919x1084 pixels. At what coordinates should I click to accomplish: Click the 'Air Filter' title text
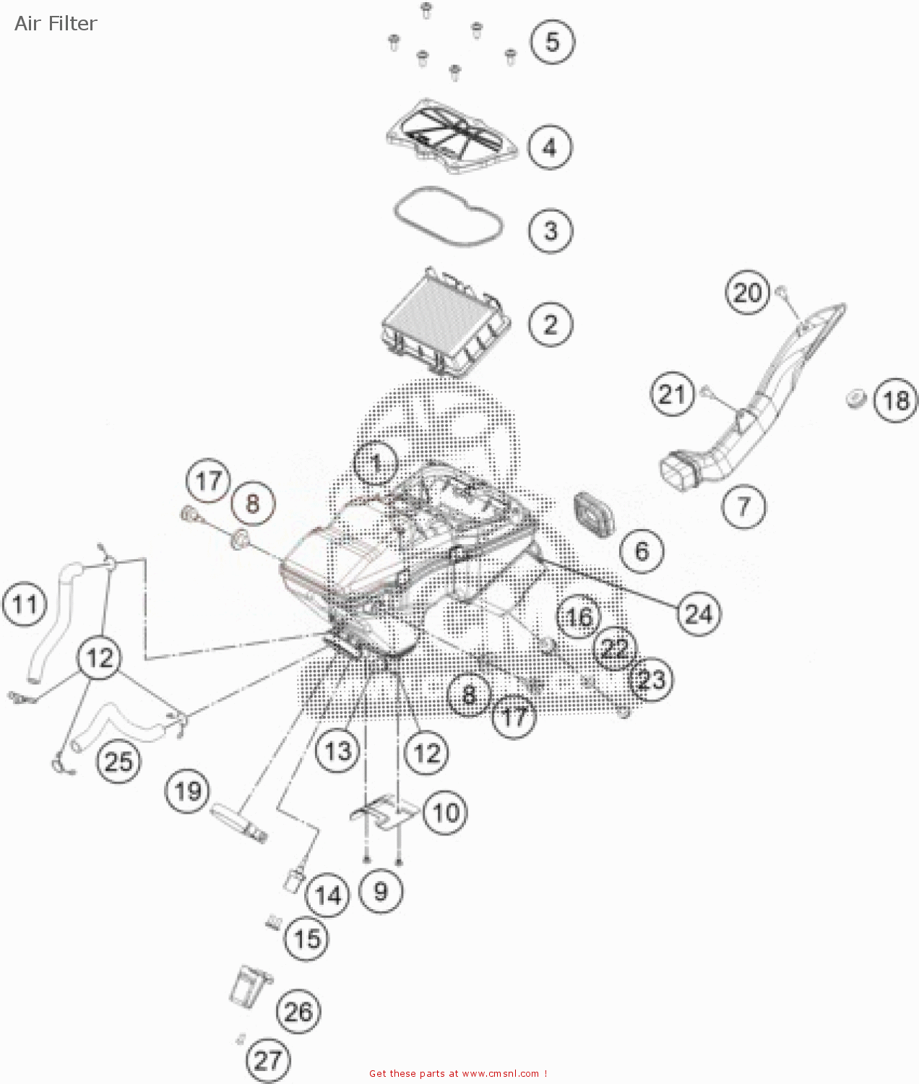pyautogui.click(x=56, y=24)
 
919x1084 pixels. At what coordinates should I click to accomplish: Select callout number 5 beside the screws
pyautogui.click(x=552, y=41)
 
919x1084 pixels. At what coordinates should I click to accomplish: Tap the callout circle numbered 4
pyautogui.click(x=550, y=147)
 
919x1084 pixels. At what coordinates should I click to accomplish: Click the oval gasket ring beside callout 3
pyautogui.click(x=448, y=217)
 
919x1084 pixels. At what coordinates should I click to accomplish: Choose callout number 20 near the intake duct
pyautogui.click(x=748, y=293)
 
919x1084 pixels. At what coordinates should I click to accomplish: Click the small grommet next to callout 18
pyautogui.click(x=855, y=398)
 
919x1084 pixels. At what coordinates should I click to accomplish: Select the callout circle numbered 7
pyautogui.click(x=743, y=506)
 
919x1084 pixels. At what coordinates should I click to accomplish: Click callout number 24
pyautogui.click(x=699, y=614)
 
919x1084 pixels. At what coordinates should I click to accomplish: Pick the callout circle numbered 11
pyautogui.click(x=25, y=603)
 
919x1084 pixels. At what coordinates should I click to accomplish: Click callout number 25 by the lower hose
pyautogui.click(x=119, y=761)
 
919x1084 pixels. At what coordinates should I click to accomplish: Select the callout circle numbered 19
pyautogui.click(x=188, y=791)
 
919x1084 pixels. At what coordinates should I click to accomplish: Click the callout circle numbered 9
pyautogui.click(x=381, y=891)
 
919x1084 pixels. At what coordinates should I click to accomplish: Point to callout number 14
pyautogui.click(x=328, y=895)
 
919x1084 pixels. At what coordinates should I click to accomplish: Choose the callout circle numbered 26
pyautogui.click(x=298, y=1012)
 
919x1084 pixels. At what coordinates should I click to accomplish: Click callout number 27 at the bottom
pyautogui.click(x=267, y=1060)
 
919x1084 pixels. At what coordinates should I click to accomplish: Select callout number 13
pyautogui.click(x=337, y=752)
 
